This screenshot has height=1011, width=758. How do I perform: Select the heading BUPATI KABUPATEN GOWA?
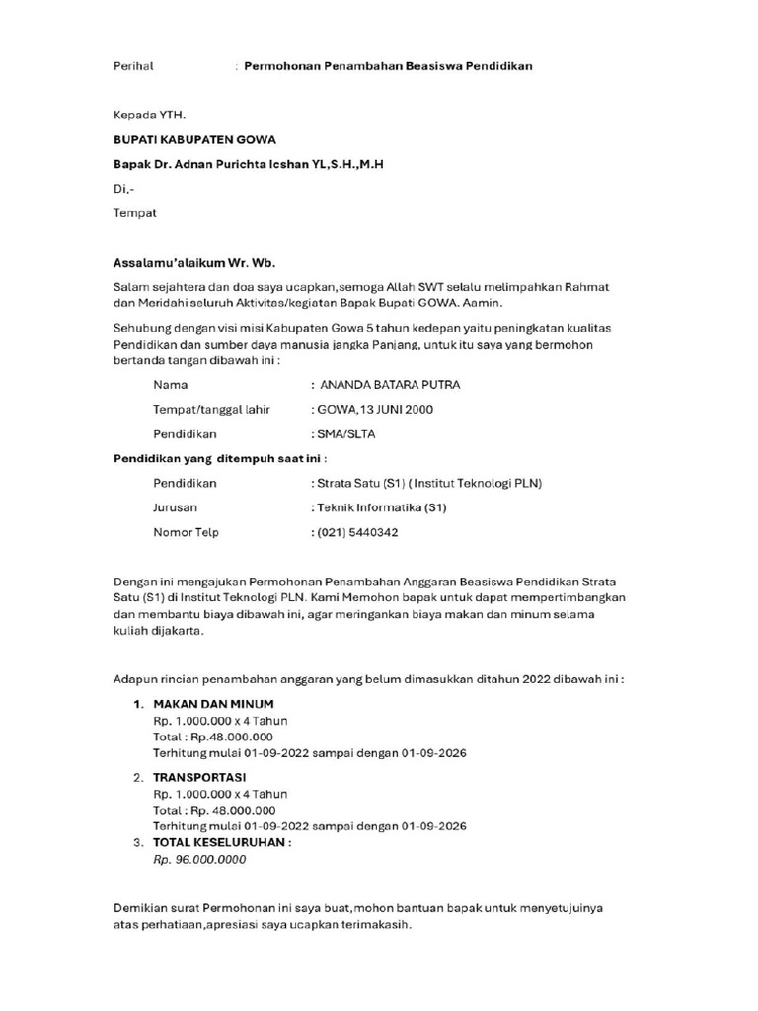(193, 139)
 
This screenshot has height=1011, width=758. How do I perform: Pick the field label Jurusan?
(175, 507)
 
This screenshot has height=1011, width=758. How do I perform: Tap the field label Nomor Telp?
(186, 532)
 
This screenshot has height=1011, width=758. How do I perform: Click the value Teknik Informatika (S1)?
(381, 507)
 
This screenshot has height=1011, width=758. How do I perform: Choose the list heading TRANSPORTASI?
(199, 777)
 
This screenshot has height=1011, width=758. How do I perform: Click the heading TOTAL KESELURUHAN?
(221, 842)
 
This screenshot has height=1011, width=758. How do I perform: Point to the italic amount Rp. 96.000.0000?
(199, 859)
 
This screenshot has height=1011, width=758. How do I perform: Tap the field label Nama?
(170, 384)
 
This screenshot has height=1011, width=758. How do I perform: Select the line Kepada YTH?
(149, 115)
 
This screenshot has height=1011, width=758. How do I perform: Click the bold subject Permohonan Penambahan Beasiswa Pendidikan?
(389, 66)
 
